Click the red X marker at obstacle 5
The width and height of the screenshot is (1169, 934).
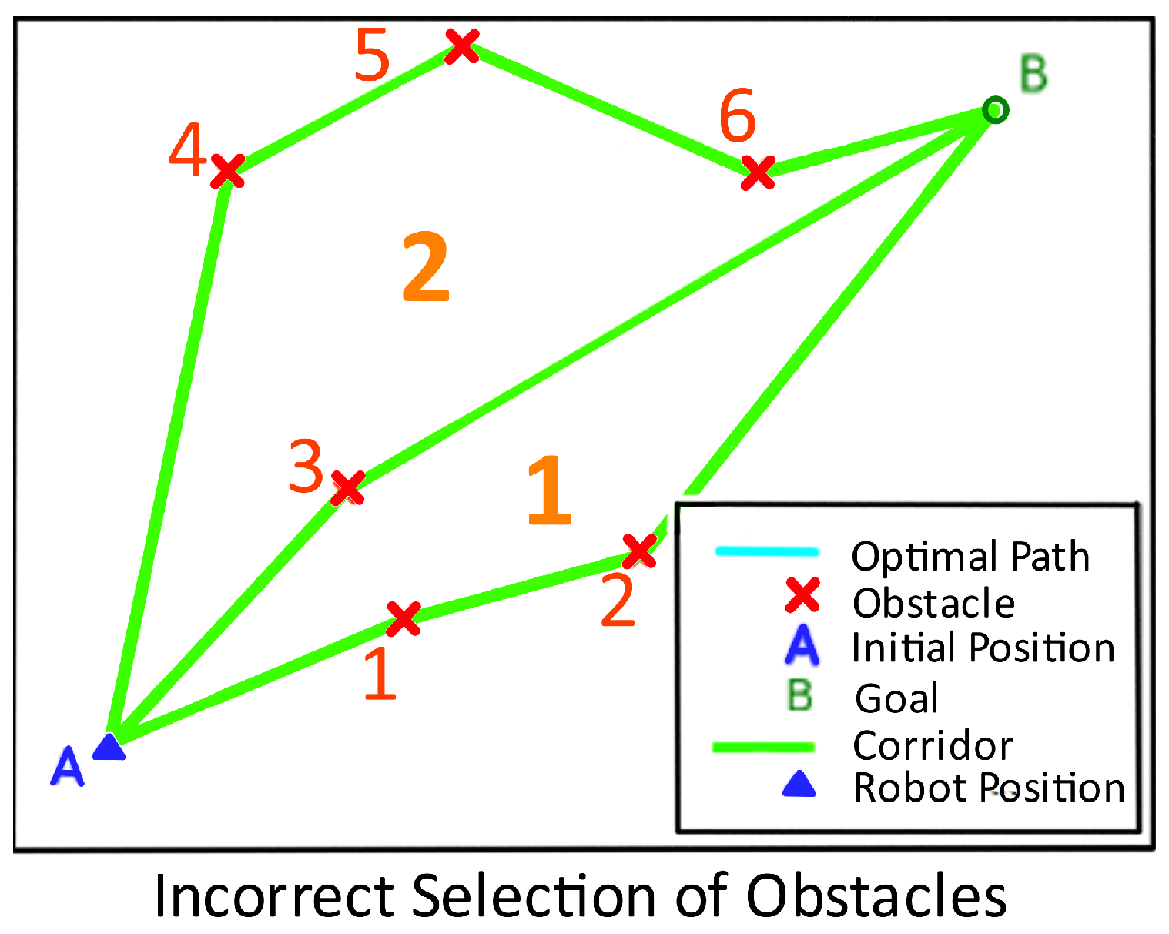[462, 46]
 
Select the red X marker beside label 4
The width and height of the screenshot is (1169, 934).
[228, 171]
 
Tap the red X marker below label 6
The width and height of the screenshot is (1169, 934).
[758, 172]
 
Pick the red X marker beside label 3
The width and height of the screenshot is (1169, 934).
[347, 487]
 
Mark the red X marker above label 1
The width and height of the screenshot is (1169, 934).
[403, 618]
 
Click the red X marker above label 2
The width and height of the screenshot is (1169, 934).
[639, 551]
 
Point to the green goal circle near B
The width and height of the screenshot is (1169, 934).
[995, 110]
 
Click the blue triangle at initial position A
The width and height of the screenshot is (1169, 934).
[109, 747]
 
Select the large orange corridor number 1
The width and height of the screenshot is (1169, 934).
[549, 490]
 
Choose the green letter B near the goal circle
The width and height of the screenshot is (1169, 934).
[1033, 74]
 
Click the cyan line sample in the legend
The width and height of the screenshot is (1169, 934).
[766, 551]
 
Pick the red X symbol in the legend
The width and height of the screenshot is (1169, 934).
[802, 597]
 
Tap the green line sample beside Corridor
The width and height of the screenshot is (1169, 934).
[763, 746]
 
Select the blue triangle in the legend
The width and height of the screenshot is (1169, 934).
[799, 785]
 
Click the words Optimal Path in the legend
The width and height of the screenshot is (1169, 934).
[970, 556]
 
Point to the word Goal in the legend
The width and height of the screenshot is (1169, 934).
[896, 698]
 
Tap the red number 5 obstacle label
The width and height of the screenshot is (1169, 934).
[373, 55]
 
